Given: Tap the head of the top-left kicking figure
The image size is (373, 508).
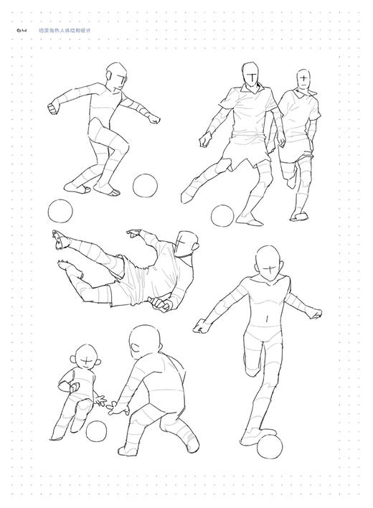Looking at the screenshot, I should [115, 75].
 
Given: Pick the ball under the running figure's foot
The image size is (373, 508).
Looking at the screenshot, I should [270, 447].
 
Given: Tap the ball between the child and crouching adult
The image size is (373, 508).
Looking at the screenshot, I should [97, 431].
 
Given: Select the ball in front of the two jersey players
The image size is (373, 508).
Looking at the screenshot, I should [222, 215].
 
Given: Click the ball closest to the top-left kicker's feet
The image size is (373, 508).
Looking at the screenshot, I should [145, 185].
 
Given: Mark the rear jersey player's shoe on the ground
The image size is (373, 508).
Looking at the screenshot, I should [300, 215].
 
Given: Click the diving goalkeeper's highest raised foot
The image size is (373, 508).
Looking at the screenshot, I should [60, 239].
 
